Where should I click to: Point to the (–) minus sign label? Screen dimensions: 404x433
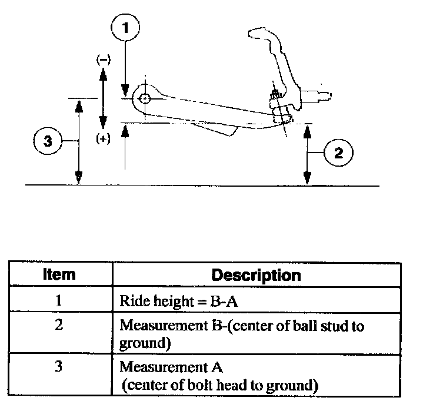click(103, 59)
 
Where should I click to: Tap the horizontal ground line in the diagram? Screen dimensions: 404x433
click(200, 186)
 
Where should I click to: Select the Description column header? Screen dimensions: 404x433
click(255, 275)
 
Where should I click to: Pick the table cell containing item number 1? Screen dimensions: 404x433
click(59, 300)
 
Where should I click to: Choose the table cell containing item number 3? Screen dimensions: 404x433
click(59, 366)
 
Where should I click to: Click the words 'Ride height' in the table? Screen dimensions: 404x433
click(153, 300)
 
